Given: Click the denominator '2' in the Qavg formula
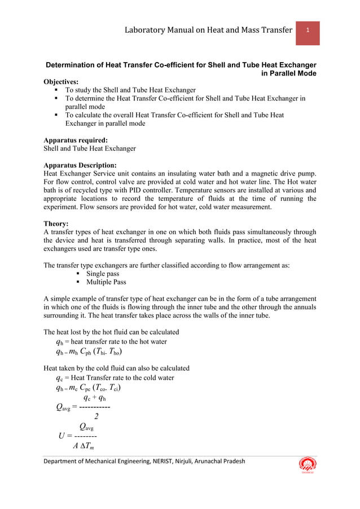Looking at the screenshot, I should pos(96,417).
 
